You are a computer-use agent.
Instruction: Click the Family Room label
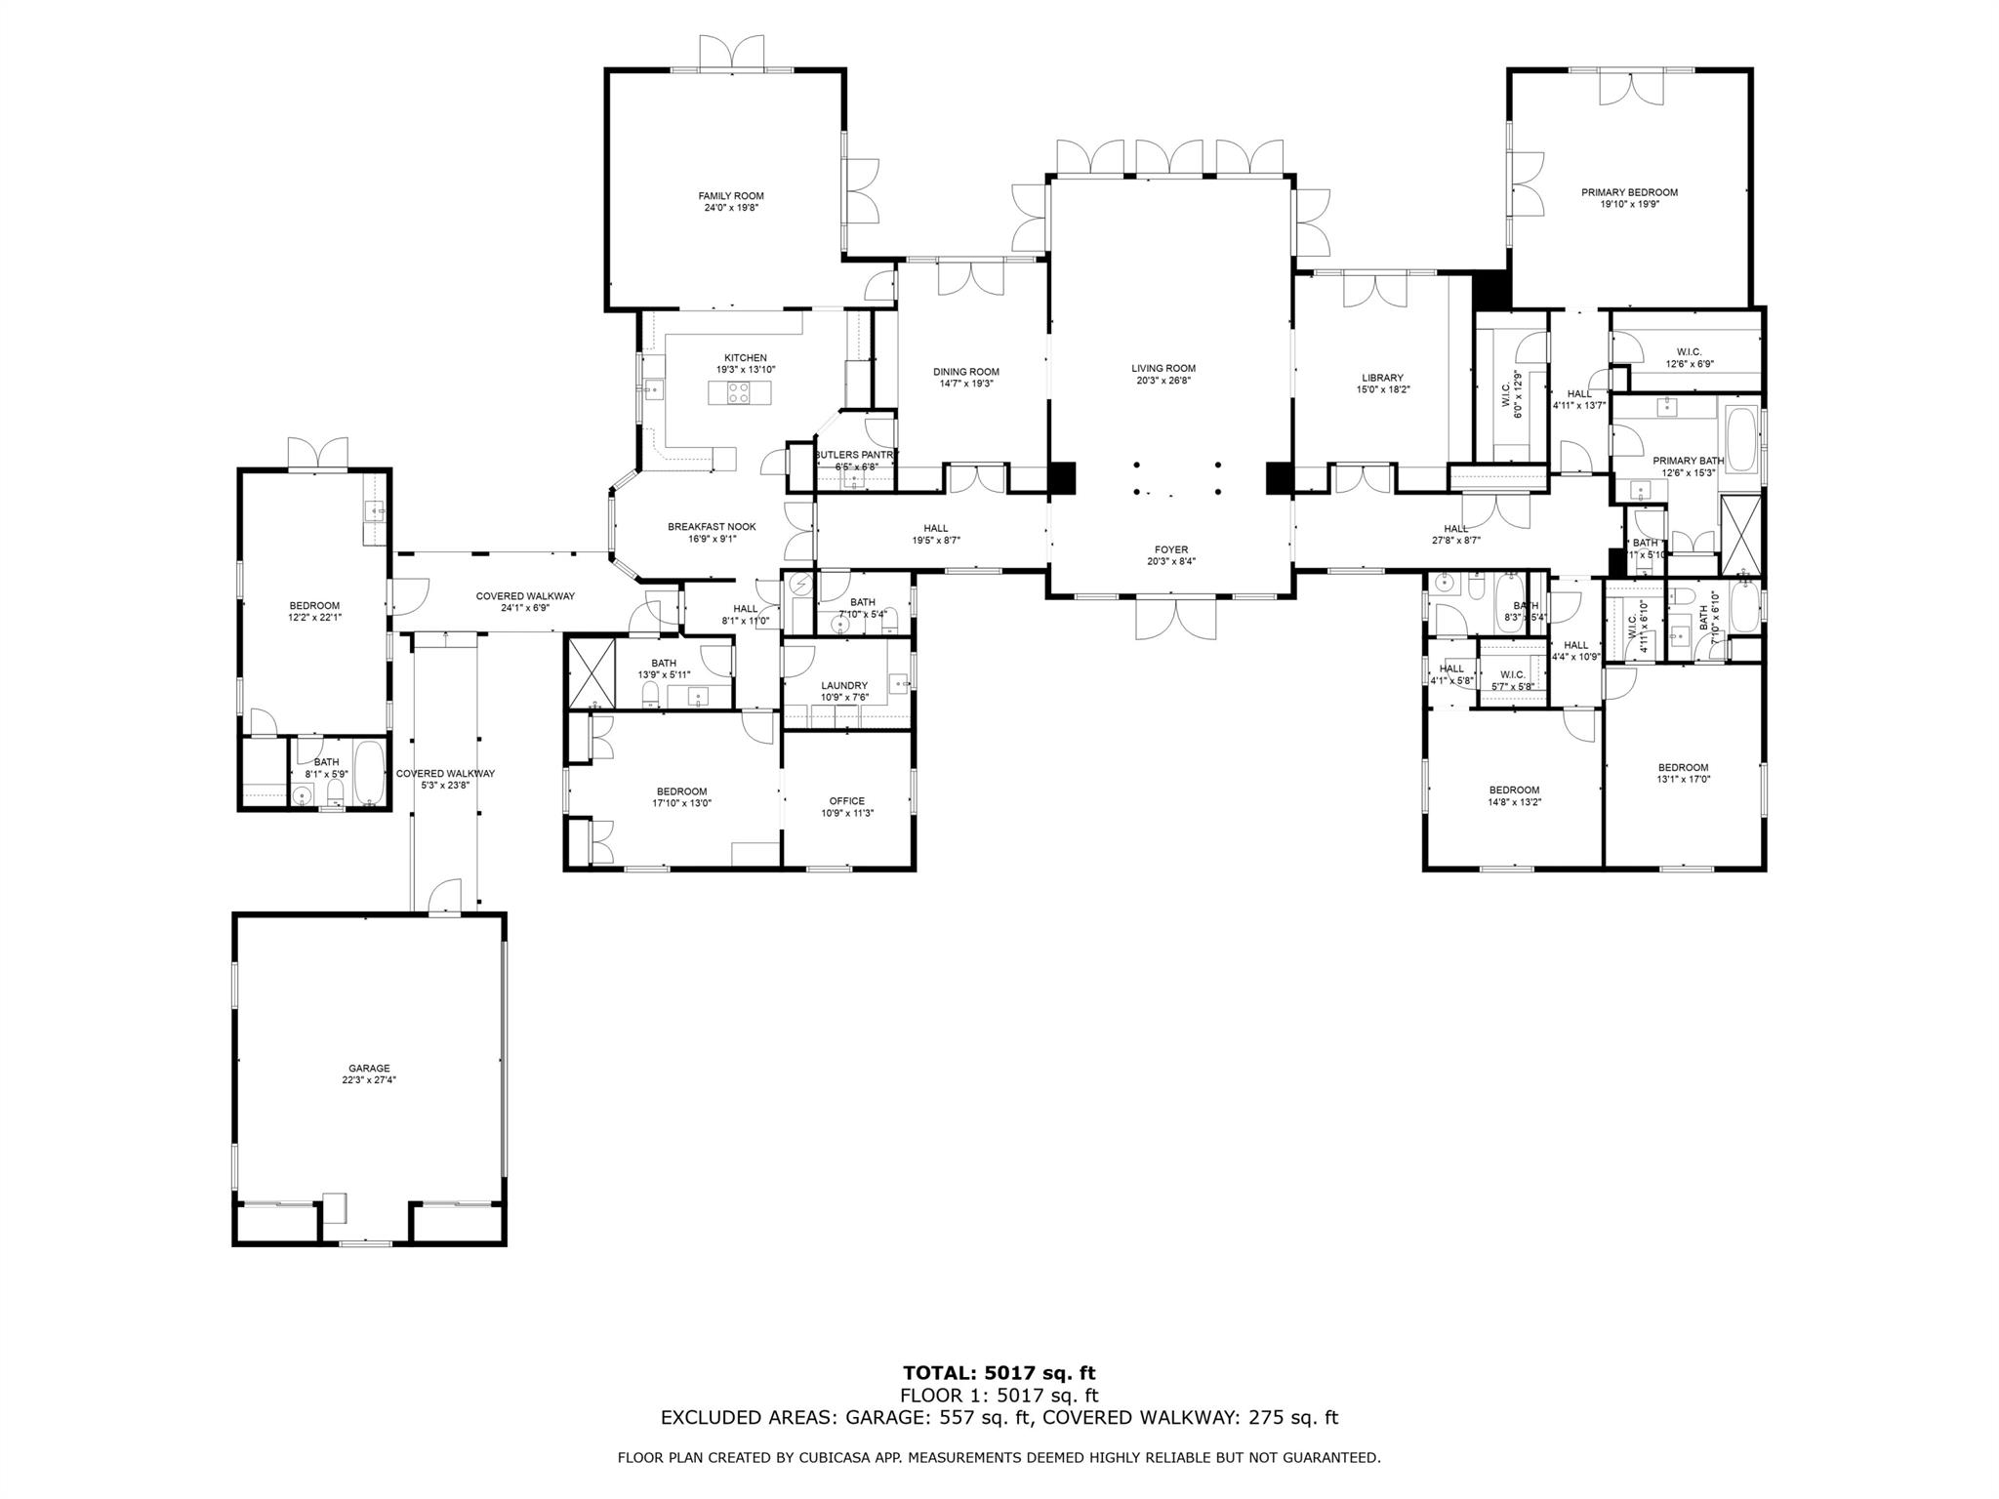point(730,196)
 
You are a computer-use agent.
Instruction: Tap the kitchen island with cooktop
point(740,392)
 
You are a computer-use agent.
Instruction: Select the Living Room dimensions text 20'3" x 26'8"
point(1163,381)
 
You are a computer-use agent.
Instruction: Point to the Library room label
point(1382,378)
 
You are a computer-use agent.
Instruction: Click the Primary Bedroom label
point(1629,192)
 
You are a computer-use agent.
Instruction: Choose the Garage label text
point(369,1069)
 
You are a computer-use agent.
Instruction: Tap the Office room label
point(846,801)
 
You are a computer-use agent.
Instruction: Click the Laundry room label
point(844,686)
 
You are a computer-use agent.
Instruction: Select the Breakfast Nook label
point(712,527)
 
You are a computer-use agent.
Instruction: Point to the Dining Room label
point(965,372)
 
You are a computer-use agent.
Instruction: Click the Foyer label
point(1171,549)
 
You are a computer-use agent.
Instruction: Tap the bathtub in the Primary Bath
point(1741,441)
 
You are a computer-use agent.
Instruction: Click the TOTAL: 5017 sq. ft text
point(999,1374)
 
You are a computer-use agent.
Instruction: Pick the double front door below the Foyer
point(1177,619)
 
